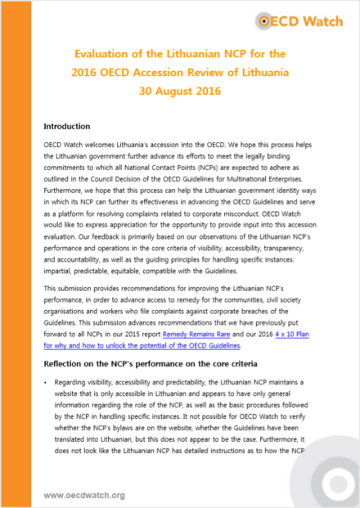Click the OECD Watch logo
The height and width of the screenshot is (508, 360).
tap(304, 21)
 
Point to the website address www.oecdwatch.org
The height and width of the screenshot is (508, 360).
tap(84, 495)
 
